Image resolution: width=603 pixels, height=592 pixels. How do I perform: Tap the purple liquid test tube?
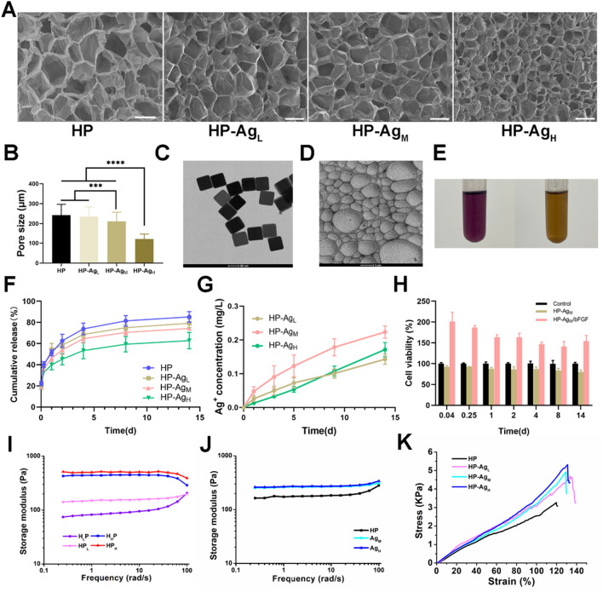pyautogui.click(x=490, y=218)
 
